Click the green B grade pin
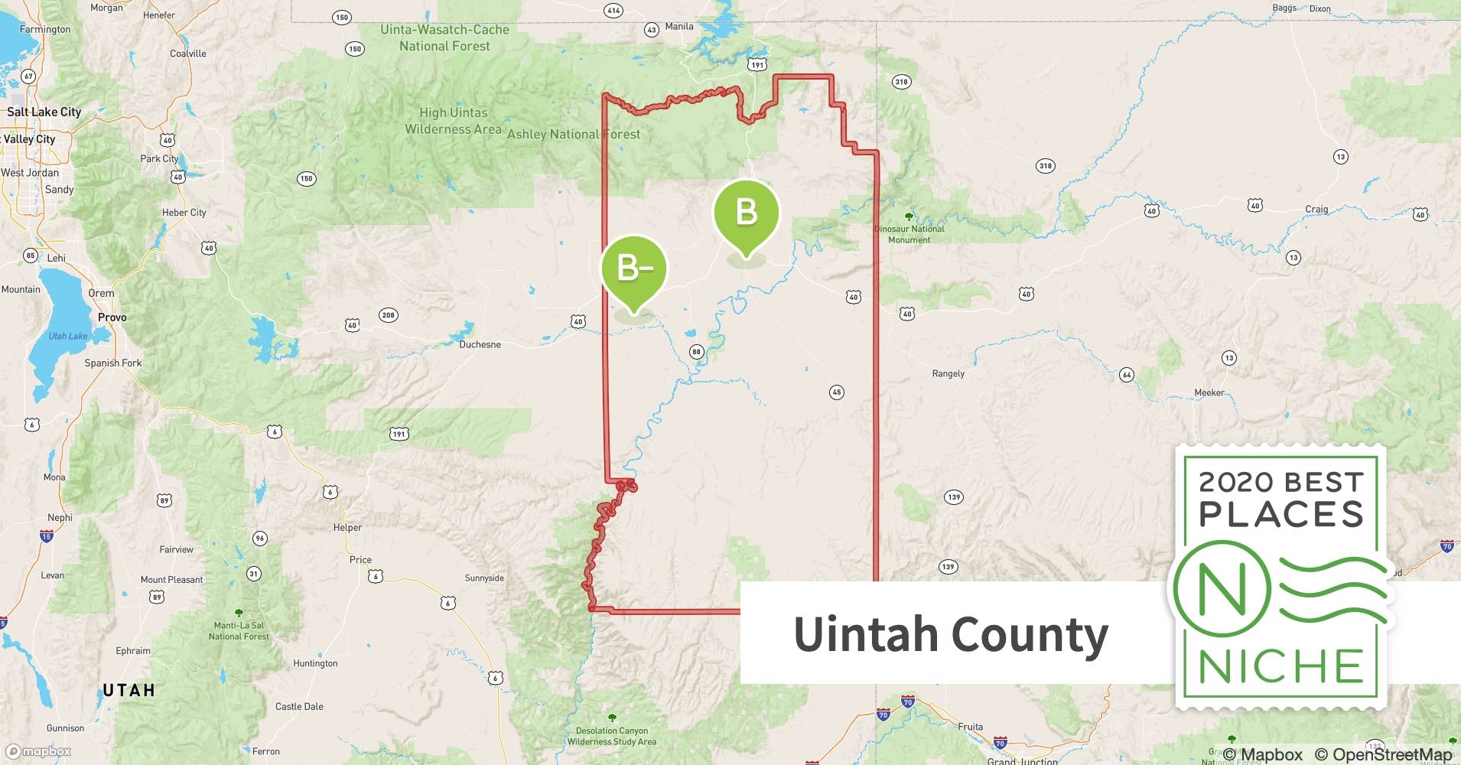click(x=746, y=213)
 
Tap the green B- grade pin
click(x=633, y=269)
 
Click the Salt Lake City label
click(x=44, y=112)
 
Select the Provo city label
click(x=112, y=317)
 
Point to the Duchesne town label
click(x=480, y=344)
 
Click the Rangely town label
click(x=948, y=373)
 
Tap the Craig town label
click(x=1316, y=209)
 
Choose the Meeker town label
click(x=1209, y=392)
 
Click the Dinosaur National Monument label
click(x=909, y=234)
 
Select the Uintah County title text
click(x=951, y=633)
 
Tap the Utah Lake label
click(x=68, y=336)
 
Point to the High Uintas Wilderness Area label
click(x=453, y=121)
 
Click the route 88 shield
click(x=696, y=352)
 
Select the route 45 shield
click(x=836, y=392)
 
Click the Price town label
click(x=360, y=559)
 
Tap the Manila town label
click(x=679, y=26)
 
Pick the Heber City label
click(x=184, y=213)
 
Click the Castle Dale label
click(x=299, y=706)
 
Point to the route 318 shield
click(x=901, y=82)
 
